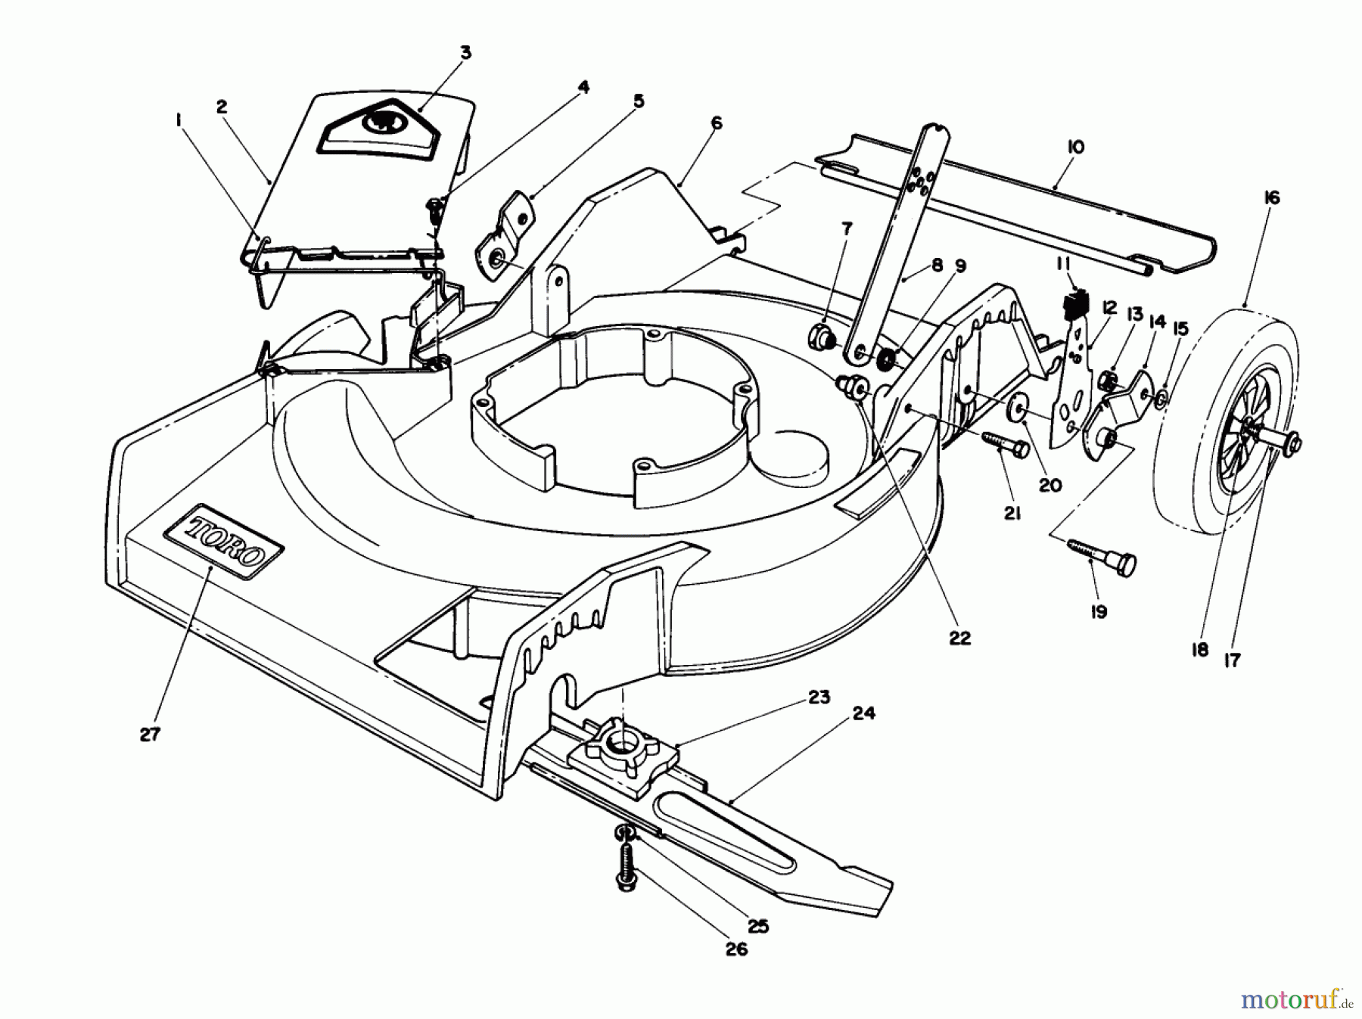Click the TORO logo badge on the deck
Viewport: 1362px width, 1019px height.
tap(225, 542)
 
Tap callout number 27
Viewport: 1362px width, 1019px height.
tap(150, 733)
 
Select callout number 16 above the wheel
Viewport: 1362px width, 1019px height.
tap(1271, 198)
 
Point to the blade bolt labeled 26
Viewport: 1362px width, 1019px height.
tap(625, 867)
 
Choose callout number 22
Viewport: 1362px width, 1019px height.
tap(959, 638)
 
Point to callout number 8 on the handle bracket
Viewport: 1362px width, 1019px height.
tap(937, 266)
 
